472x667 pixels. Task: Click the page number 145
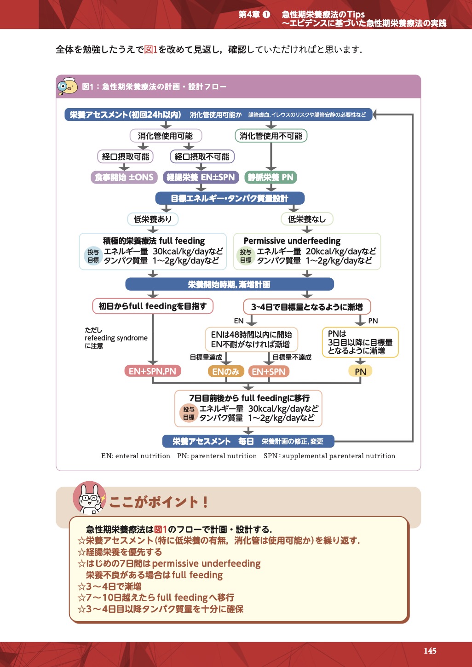tap(430, 651)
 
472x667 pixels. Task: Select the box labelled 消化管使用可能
tap(165, 136)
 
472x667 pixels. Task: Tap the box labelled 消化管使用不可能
tap(271, 136)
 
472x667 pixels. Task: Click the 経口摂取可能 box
tap(126, 157)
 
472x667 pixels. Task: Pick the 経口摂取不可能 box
tap(202, 157)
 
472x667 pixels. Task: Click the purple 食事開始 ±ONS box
tap(124, 177)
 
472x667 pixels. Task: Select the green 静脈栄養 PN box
tap(271, 177)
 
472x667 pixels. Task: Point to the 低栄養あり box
tap(152, 219)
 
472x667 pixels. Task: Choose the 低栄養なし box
tap(307, 219)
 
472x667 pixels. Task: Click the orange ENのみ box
tap(226, 372)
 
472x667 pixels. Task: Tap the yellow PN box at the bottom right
tap(360, 372)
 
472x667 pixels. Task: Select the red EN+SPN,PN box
tap(152, 371)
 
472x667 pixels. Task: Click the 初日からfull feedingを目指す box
tap(153, 306)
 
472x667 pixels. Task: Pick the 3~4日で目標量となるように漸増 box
tap(307, 307)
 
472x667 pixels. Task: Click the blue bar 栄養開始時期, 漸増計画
tap(229, 284)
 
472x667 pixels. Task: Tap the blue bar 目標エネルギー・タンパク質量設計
tap(230, 198)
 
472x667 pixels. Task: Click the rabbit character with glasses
tap(89, 498)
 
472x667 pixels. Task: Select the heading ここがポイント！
tap(159, 502)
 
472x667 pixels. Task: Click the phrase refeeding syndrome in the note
tap(116, 338)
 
